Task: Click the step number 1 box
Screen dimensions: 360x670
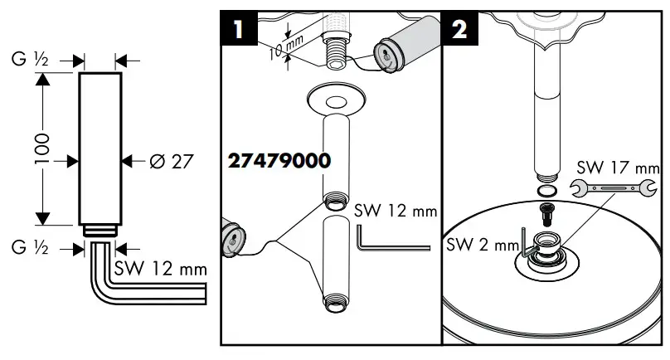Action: click(x=239, y=29)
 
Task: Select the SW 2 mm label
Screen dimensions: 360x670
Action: click(x=480, y=246)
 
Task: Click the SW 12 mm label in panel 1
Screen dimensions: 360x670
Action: click(x=395, y=211)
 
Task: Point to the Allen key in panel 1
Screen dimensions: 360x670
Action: click(x=390, y=241)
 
